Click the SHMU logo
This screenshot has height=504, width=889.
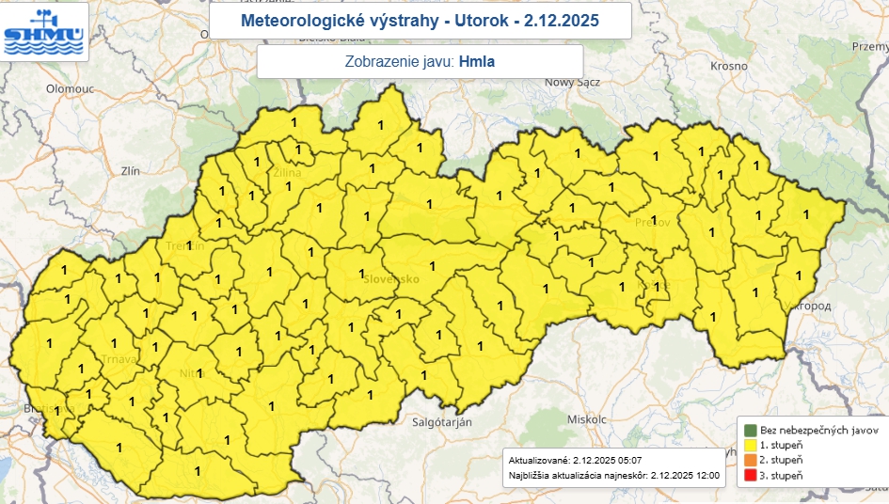[x=44, y=31]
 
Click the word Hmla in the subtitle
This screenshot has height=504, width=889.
[x=477, y=62]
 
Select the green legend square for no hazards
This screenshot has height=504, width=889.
[x=750, y=429]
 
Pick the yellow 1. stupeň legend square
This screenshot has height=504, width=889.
[x=750, y=444]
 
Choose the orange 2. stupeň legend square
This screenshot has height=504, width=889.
[x=750, y=460]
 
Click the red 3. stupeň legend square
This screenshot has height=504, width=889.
[x=750, y=476]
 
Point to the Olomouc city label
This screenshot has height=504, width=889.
[x=70, y=88]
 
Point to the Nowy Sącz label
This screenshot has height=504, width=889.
[x=572, y=83]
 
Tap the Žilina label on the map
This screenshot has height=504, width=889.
[x=286, y=173]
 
